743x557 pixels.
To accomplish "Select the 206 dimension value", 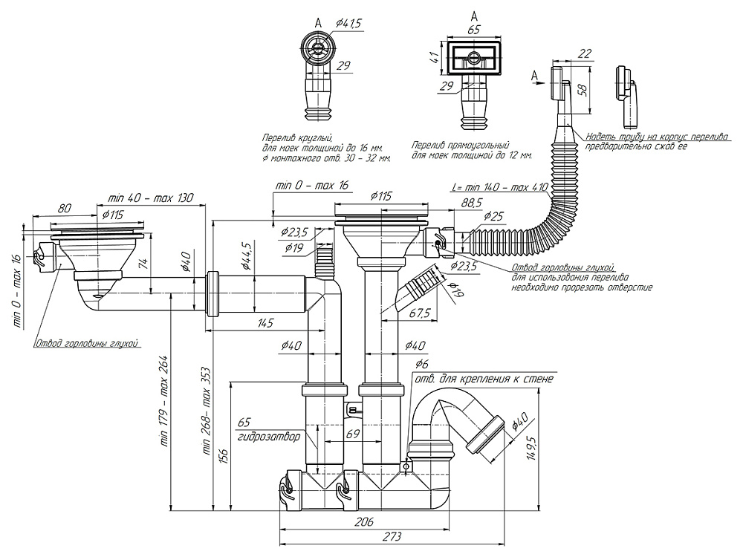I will (x=363, y=523).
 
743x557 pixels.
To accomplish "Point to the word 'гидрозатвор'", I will (x=269, y=437).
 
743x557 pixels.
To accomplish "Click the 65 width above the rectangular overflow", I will (x=473, y=30).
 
